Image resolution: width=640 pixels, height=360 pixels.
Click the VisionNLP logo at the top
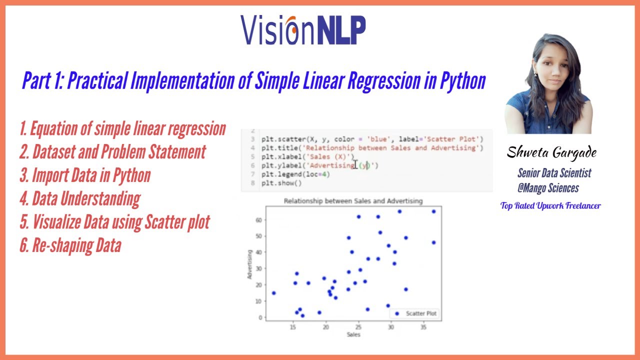tap(303, 30)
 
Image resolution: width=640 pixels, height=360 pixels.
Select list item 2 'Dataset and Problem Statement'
tap(112, 152)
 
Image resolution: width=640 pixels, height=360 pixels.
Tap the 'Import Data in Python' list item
tap(85, 175)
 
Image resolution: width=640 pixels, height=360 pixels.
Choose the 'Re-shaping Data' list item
tap(70, 246)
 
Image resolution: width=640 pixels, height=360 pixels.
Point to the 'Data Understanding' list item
tap(80, 199)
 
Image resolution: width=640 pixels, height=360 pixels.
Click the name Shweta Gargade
tap(551, 153)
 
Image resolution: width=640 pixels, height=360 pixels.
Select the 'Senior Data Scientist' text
tap(554, 173)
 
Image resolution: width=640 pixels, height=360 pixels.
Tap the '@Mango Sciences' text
tap(548, 188)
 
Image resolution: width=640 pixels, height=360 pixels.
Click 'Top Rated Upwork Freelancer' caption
tap(550, 205)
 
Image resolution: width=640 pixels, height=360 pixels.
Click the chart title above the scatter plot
tap(353, 201)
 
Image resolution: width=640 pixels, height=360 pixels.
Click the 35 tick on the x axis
tap(423, 327)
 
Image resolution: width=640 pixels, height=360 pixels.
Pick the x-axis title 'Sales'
tap(353, 334)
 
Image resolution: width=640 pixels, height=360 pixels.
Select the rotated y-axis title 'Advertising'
tap(249, 264)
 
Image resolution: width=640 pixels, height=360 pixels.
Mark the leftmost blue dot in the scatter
tap(273, 293)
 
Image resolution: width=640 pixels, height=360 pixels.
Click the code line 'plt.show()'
tap(281, 183)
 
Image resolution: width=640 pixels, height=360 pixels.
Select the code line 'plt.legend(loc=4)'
tap(295, 174)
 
